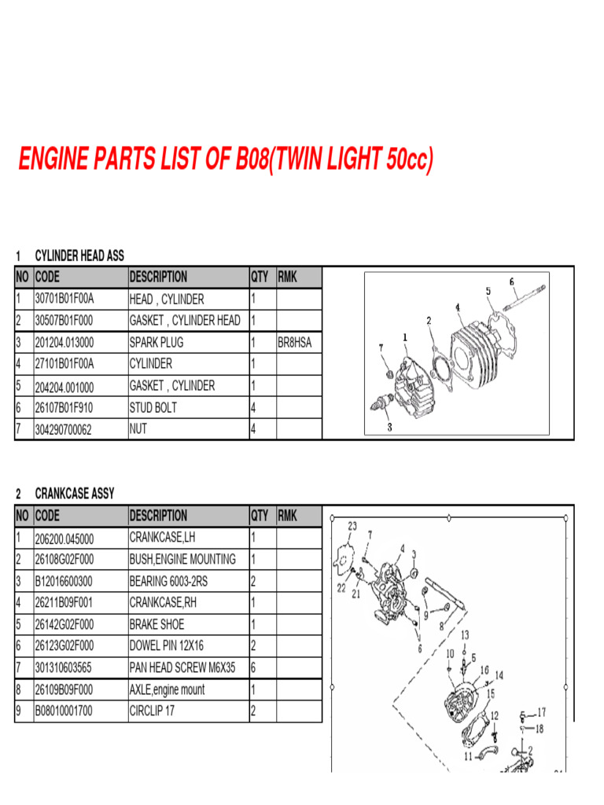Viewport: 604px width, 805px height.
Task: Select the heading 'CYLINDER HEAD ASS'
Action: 79,255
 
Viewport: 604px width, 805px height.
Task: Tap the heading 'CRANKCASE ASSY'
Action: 75,494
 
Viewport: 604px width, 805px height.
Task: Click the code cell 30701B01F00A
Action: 64,299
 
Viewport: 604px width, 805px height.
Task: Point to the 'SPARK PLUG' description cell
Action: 157,342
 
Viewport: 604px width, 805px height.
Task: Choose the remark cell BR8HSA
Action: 296,342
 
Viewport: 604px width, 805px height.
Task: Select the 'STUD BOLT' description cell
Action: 153,407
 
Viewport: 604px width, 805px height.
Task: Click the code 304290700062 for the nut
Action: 64,429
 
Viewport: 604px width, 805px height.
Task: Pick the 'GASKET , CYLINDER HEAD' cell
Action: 185,320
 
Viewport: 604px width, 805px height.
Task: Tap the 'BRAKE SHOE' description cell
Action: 157,624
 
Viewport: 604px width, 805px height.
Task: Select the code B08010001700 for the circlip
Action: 64,711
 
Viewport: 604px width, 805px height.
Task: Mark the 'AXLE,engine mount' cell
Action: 167,689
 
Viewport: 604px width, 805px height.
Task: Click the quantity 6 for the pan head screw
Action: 253,667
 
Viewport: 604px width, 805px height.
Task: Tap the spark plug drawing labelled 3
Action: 381,406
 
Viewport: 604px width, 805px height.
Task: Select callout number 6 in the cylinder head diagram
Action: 512,281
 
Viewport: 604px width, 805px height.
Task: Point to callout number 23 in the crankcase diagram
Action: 352,526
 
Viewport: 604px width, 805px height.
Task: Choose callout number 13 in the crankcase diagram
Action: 465,634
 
